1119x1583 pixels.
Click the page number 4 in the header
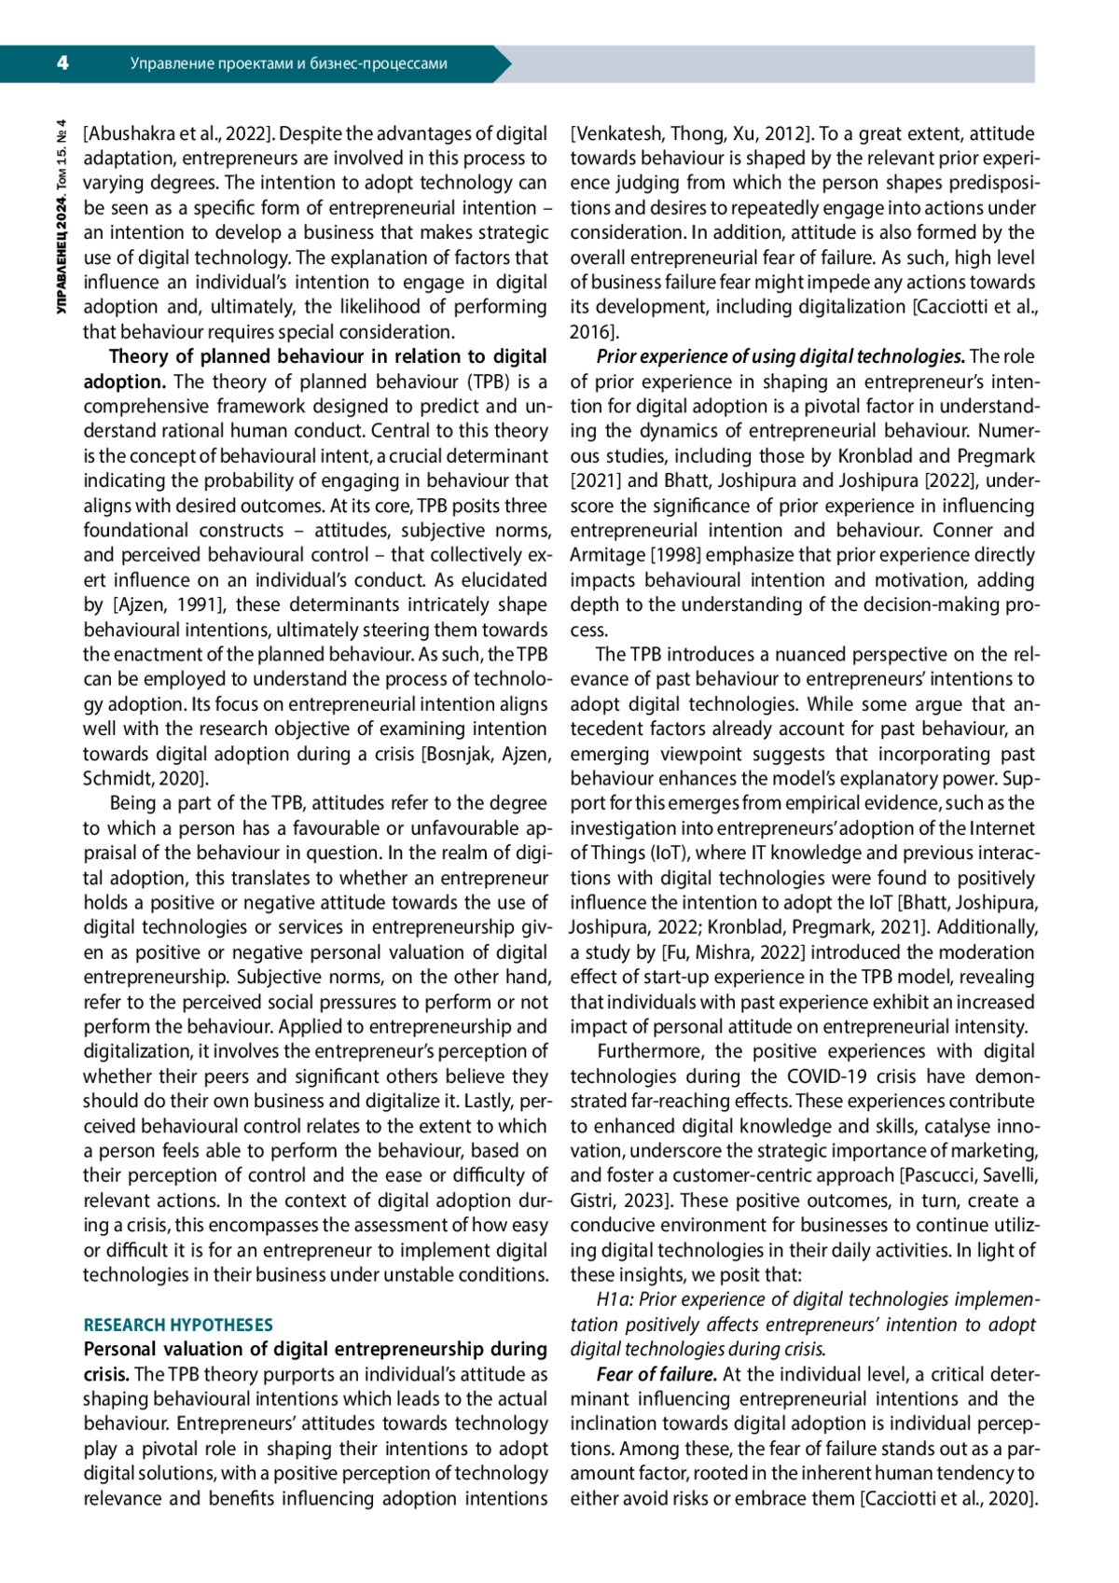click(62, 63)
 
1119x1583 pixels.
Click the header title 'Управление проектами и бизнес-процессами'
click(288, 64)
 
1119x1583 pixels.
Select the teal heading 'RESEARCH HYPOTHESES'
click(178, 1325)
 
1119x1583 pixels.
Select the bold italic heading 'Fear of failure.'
click(656, 1374)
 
